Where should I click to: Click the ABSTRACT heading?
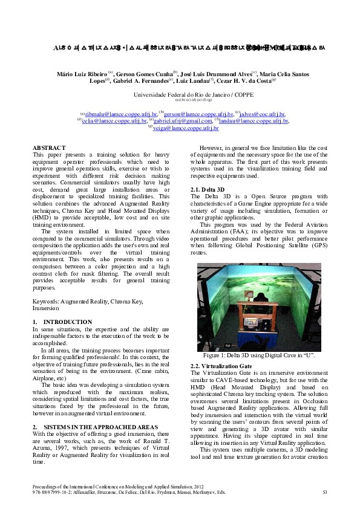click(49, 148)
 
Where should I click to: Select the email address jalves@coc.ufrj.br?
click(262, 114)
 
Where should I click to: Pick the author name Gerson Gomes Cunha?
click(143, 74)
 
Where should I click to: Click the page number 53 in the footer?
click(325, 492)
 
